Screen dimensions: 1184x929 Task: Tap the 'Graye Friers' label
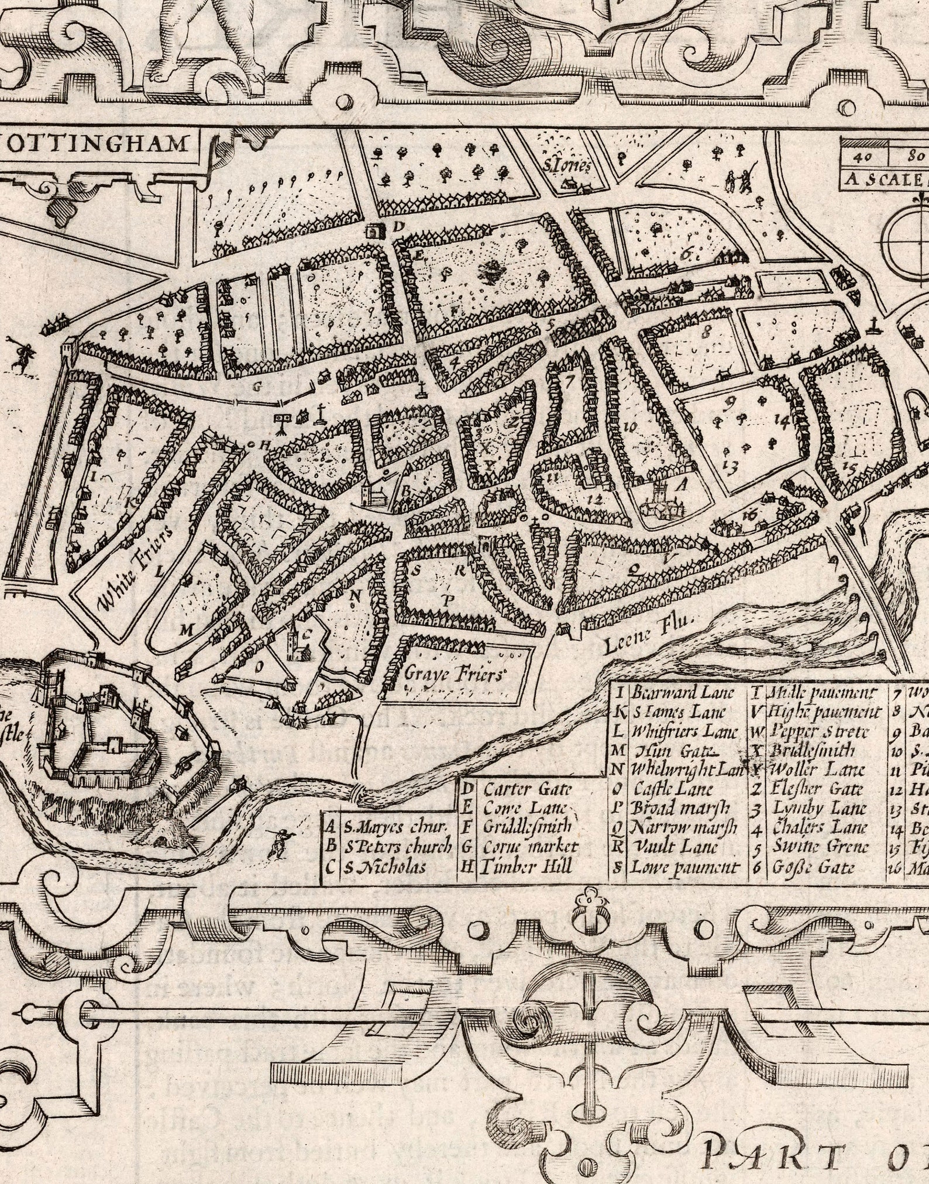coord(454,674)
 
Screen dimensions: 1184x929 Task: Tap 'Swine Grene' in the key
coord(821,847)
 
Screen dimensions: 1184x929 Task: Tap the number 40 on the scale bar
coord(863,157)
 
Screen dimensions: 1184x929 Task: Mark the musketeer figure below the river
coord(277,843)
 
